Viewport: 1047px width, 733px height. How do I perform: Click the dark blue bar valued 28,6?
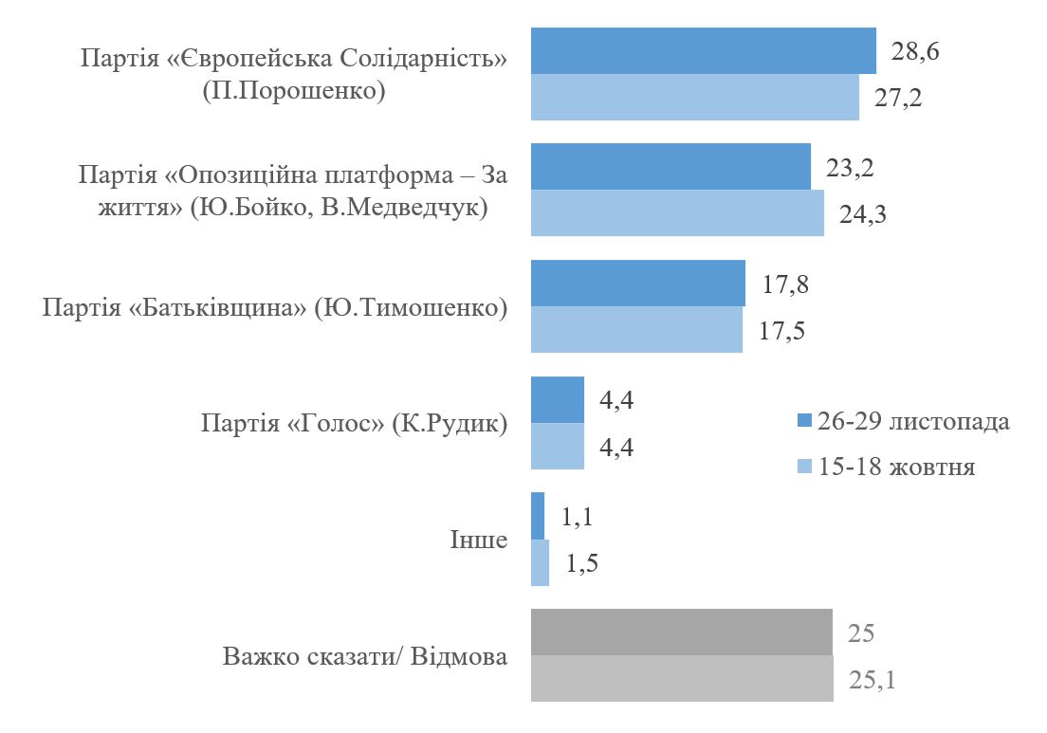(x=703, y=51)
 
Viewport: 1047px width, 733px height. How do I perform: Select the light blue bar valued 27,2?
(x=695, y=97)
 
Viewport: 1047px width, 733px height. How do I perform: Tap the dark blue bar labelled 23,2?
(x=670, y=167)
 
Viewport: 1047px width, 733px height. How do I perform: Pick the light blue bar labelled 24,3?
(x=677, y=212)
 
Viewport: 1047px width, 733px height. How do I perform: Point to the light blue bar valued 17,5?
(x=636, y=329)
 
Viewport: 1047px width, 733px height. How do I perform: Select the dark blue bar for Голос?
(x=558, y=400)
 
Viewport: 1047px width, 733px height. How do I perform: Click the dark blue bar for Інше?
(x=538, y=516)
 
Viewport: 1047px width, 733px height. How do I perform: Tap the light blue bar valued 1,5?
(x=540, y=562)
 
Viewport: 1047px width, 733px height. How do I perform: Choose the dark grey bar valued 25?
(x=682, y=632)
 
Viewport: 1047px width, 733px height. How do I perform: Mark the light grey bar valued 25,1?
(x=682, y=678)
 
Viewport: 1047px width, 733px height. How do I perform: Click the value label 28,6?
(x=915, y=51)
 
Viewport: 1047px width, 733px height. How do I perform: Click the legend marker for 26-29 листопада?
(x=804, y=420)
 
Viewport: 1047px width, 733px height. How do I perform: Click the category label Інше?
(x=478, y=541)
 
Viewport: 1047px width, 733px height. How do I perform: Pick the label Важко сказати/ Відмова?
(x=365, y=656)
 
